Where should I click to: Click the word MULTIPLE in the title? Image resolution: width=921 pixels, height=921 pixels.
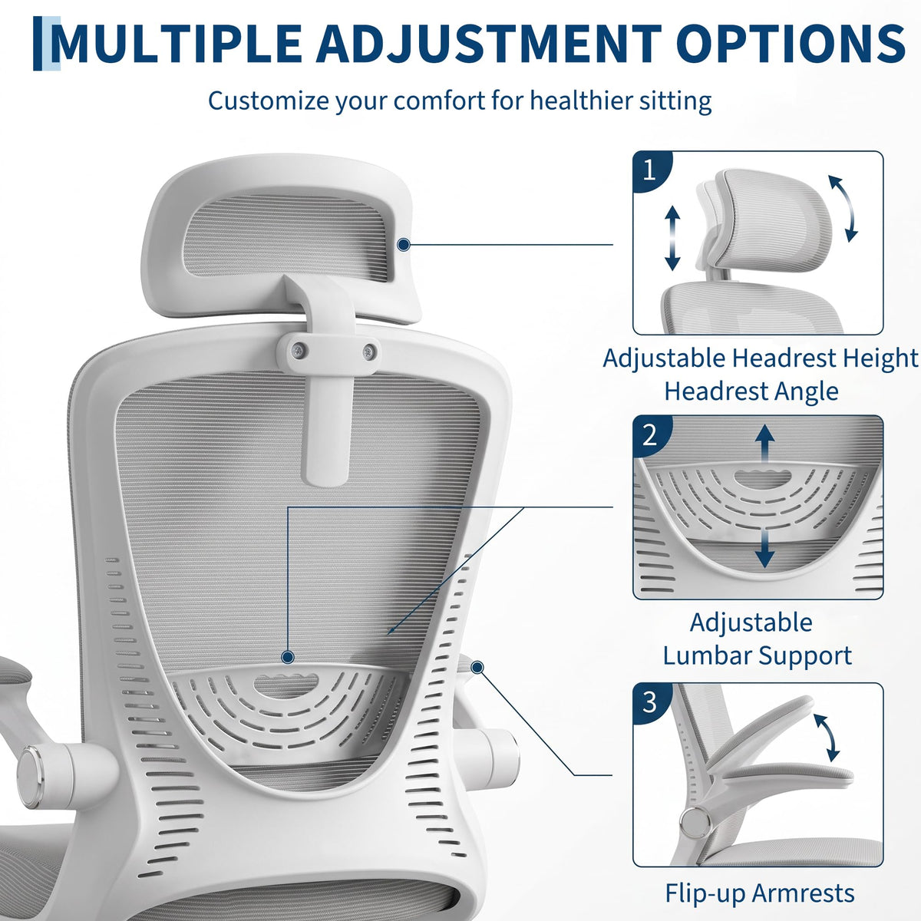[176, 44]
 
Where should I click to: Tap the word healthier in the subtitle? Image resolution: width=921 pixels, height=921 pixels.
[574, 101]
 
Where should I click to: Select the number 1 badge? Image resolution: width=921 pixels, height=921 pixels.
[649, 170]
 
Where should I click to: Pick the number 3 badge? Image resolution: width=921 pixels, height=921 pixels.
[650, 702]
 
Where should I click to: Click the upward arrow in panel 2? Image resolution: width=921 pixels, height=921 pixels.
[764, 444]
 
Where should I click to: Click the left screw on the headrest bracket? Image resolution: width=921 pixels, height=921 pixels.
[299, 350]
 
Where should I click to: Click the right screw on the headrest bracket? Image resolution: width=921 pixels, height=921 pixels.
[368, 352]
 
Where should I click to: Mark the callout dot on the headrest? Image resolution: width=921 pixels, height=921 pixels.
[404, 245]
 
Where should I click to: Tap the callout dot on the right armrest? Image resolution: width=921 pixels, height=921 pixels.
[477, 667]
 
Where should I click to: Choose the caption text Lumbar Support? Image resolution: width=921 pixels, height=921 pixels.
[757, 655]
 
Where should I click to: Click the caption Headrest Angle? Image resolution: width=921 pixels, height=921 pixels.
[751, 391]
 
